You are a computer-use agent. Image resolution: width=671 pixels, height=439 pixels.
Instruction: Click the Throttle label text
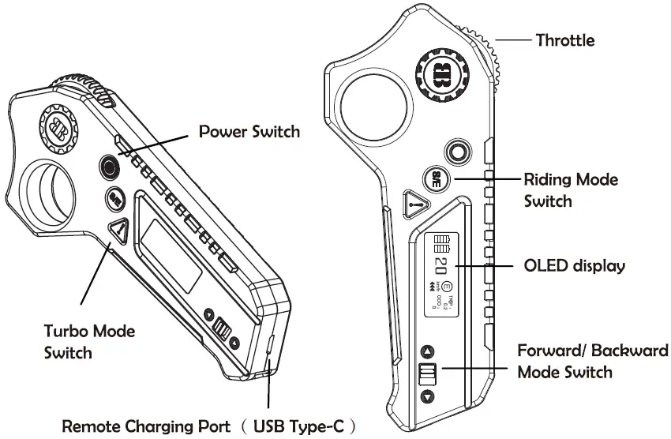point(564,39)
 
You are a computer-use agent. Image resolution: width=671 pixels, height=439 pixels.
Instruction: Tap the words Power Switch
point(249,131)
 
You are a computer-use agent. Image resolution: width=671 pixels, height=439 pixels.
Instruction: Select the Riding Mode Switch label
point(571,189)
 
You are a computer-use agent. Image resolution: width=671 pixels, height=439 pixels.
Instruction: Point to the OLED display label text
point(574,265)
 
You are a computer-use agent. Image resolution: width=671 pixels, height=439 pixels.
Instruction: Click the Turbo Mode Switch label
point(89,340)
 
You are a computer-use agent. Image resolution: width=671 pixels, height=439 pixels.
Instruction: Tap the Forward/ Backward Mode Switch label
point(592,361)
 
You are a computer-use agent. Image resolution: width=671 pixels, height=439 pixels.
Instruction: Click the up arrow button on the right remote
point(427,351)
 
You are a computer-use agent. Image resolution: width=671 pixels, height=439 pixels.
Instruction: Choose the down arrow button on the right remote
point(427,396)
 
